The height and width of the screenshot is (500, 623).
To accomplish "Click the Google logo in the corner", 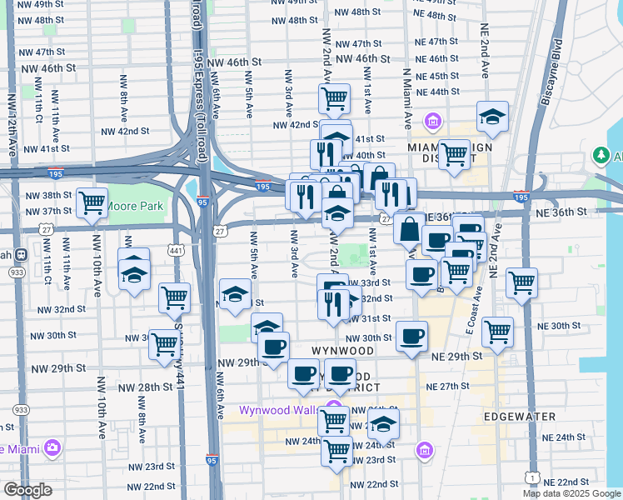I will pos(27,490).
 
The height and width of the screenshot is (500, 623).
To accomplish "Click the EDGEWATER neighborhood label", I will pos(516,414).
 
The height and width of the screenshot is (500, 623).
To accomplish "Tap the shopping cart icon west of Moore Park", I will pos(92,202).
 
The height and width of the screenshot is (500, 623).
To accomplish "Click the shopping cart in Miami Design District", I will pos(454,153).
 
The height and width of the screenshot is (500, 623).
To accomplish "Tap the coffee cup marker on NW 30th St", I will pos(411,337).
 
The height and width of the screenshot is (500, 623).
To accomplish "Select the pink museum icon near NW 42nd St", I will pos(432,123).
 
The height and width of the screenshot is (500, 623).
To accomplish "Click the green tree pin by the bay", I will pos(600,156).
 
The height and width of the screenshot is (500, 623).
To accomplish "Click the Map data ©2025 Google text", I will pos(571,493).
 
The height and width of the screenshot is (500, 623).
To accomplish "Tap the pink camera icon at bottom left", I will pos(53,448).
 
